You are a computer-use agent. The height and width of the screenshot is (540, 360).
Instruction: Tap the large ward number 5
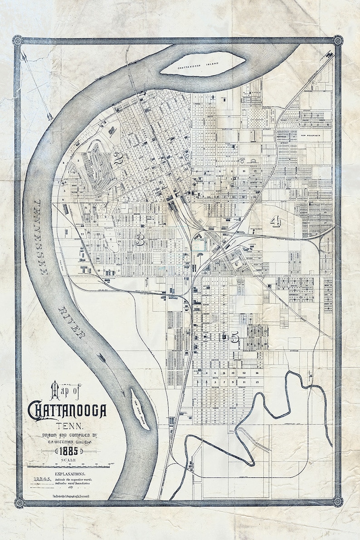coord(234,337)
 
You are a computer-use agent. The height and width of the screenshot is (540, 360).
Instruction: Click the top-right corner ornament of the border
coord(338,40)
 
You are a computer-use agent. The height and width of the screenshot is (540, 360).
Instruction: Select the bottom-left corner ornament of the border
coord(19,502)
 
